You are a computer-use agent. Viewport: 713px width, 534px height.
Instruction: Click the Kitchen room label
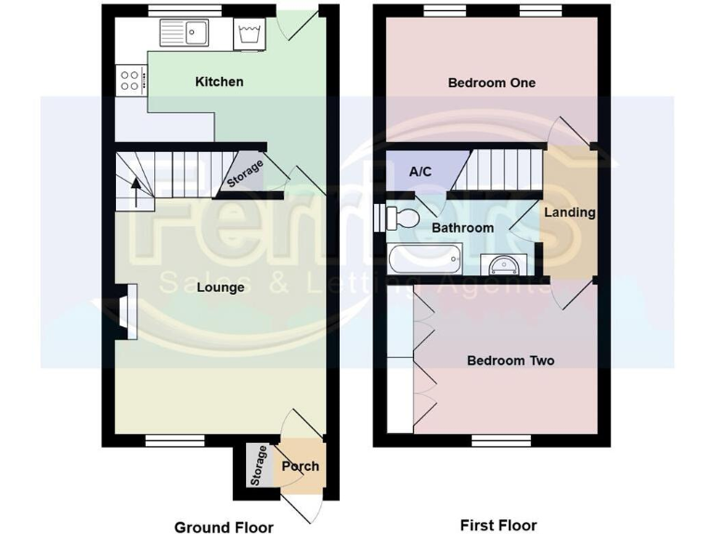click(219, 82)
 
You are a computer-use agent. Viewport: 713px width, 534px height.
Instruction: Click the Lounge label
click(221, 287)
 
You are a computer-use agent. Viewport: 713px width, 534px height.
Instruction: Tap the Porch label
click(300, 465)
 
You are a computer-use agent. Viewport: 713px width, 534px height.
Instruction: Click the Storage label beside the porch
click(259, 466)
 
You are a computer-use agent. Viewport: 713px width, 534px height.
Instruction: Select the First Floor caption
click(499, 525)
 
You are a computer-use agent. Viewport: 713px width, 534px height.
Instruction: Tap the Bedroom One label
click(492, 83)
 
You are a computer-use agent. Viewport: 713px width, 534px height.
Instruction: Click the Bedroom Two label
click(510, 360)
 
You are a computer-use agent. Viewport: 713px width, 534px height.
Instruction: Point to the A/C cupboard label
click(421, 172)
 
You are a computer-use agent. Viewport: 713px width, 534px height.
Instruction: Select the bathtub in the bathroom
click(423, 258)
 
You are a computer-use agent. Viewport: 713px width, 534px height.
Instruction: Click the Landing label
click(569, 212)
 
